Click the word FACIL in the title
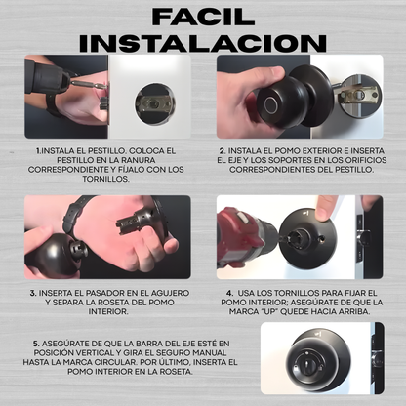203,17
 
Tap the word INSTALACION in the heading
203,43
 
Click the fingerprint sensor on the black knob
270,104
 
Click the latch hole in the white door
155,104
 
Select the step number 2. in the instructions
223,151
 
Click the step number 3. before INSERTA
33,293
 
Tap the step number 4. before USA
230,293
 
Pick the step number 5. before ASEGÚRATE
36,344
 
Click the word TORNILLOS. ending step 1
105,179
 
